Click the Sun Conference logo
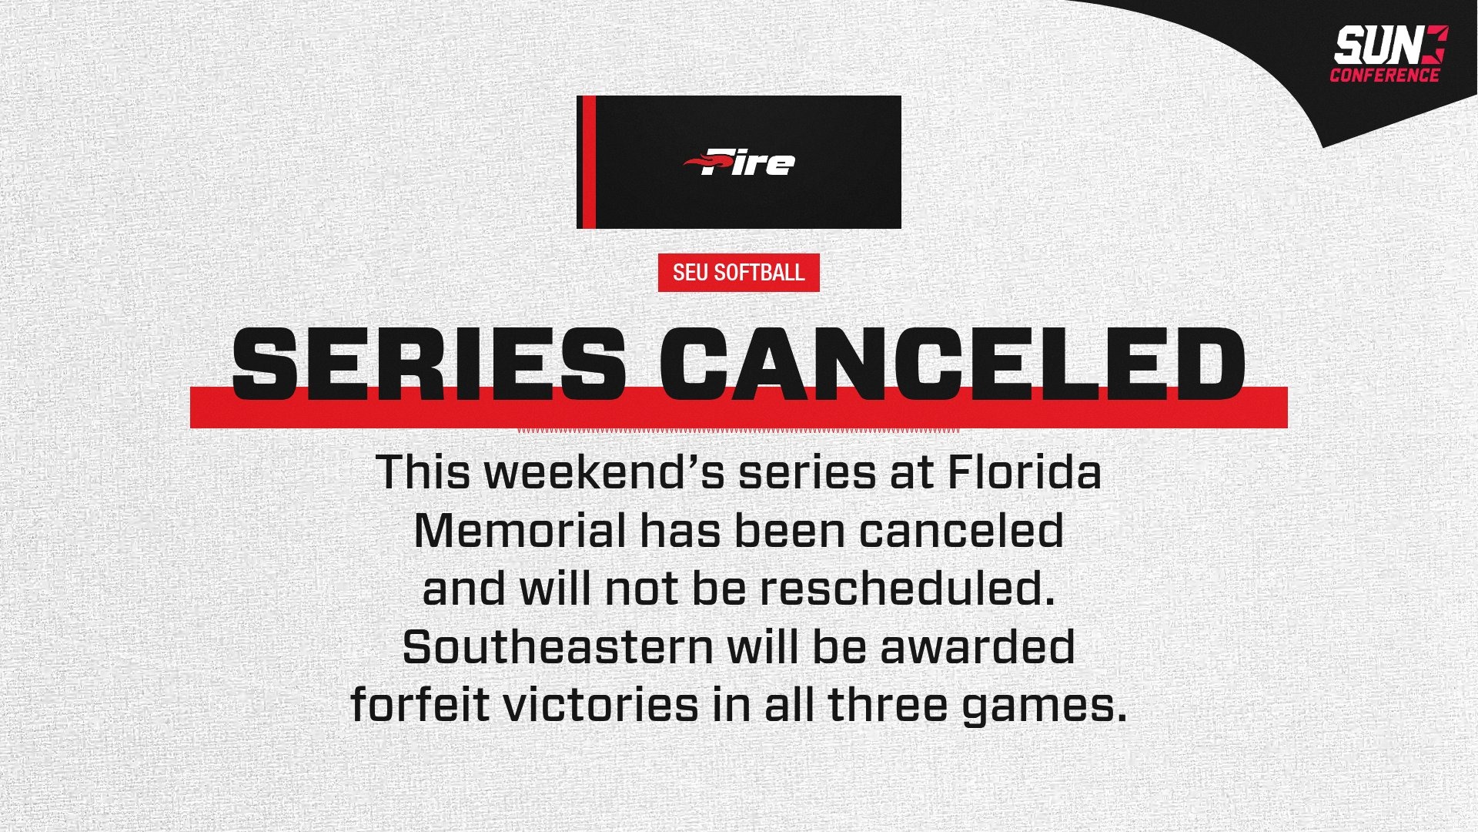point(1389,52)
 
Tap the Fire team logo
point(739,162)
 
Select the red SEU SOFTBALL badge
point(738,273)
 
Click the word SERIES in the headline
point(428,363)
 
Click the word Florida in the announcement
point(1024,472)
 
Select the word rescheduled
point(907,589)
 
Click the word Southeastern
point(557,647)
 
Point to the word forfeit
point(420,705)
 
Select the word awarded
point(978,647)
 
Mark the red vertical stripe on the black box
point(587,162)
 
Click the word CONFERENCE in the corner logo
point(1384,75)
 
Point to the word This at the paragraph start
point(423,472)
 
